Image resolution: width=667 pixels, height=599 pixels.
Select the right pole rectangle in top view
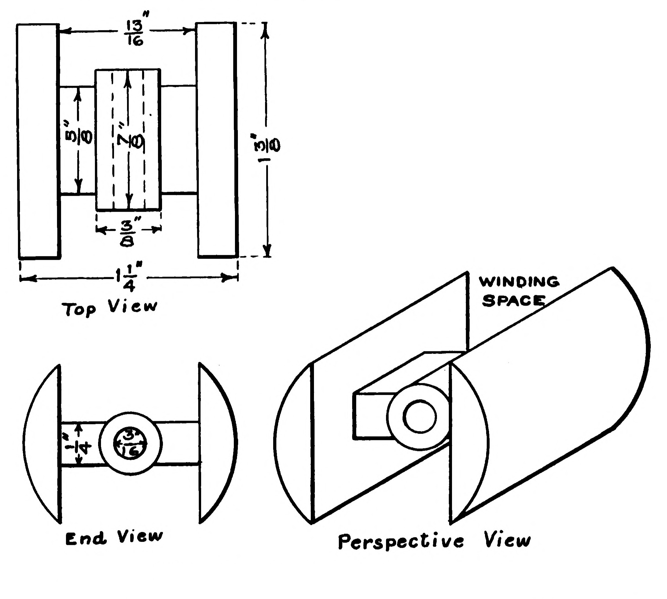(x=217, y=140)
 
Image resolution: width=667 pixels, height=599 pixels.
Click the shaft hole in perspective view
(x=420, y=417)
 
